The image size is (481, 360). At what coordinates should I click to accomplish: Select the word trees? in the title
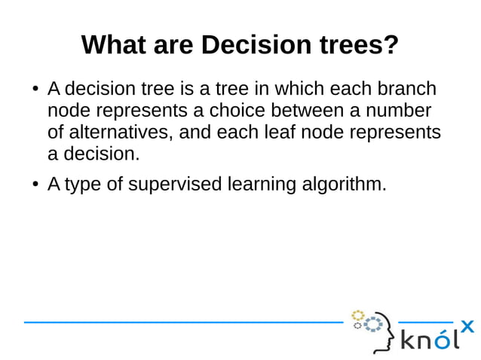click(354, 45)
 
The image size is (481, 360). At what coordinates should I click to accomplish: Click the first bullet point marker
click(35, 90)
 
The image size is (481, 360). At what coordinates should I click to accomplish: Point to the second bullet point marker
click(35, 185)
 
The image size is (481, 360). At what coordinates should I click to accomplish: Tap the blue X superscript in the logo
click(467, 325)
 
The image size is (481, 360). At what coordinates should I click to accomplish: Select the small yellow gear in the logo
click(358, 315)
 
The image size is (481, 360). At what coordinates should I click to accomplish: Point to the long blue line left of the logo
click(181, 322)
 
